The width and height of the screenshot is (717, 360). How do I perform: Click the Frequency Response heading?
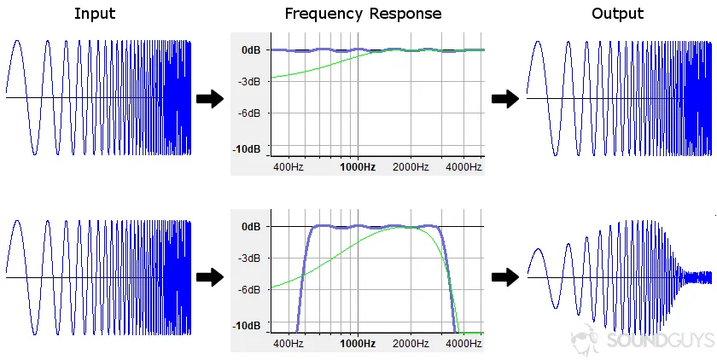363,14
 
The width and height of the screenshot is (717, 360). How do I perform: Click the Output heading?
618,14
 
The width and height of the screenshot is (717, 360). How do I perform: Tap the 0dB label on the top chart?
250,50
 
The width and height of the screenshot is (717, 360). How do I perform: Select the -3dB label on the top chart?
248,82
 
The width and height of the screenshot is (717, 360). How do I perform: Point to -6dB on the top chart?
248,113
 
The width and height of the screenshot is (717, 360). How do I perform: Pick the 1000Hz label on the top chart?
357,167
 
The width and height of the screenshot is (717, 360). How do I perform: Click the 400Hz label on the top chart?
288,167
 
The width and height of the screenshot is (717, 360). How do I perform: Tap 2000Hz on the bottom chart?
411,344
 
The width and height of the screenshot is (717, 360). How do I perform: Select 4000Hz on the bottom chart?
463,344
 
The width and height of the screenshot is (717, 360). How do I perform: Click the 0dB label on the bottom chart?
250,227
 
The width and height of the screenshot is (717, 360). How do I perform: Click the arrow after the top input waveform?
210,99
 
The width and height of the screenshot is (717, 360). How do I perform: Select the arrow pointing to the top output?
506,99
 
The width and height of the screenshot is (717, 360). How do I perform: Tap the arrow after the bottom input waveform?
210,276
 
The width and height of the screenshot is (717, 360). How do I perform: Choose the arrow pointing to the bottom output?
506,276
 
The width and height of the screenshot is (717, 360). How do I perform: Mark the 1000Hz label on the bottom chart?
357,344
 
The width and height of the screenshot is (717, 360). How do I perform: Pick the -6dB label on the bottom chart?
248,289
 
